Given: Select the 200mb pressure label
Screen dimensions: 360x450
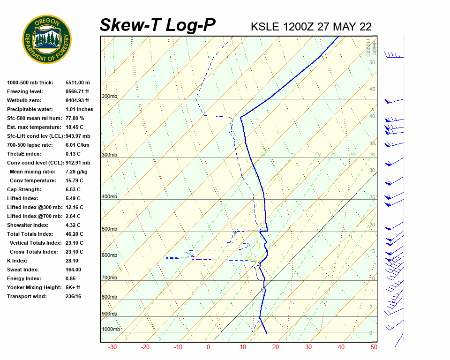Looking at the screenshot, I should [x=109, y=97].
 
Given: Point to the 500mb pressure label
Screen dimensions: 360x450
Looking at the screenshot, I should [x=109, y=229].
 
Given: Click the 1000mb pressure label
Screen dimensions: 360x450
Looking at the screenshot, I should [x=111, y=330].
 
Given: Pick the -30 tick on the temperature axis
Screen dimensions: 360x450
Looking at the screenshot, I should [x=112, y=347].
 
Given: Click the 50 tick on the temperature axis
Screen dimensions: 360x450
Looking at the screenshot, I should [x=374, y=347].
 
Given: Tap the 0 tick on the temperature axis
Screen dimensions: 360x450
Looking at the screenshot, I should [x=208, y=347].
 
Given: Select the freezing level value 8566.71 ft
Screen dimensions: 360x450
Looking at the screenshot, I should [x=77, y=92].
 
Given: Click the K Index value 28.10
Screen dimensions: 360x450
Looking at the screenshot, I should [x=72, y=261].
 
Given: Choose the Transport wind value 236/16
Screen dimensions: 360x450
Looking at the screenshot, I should [x=74, y=297].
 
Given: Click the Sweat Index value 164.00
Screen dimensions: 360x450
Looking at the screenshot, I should [x=74, y=270].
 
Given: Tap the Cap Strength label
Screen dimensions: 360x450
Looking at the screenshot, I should [x=24, y=190].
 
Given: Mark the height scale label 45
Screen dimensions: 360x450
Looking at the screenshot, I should [x=372, y=90].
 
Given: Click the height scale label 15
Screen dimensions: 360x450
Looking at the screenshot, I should [x=372, y=252].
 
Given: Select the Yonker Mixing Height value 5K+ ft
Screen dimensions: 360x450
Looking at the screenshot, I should [x=73, y=288].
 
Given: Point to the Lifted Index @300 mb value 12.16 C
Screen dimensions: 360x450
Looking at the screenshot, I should [x=75, y=208].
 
